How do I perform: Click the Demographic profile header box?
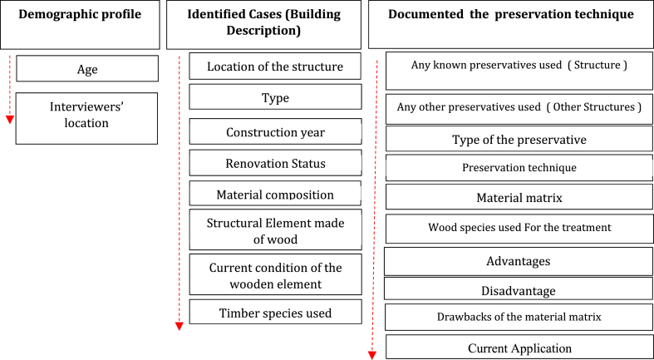(80, 25)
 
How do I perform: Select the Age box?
(87, 69)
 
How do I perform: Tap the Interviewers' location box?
(87, 117)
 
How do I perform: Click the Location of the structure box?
(275, 67)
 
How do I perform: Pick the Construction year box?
(275, 132)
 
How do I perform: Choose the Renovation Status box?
(275, 164)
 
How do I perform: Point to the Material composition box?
(275, 195)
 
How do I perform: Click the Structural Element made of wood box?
(275, 230)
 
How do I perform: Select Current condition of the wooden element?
(275, 274)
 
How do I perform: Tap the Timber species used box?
(275, 313)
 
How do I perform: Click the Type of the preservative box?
(519, 140)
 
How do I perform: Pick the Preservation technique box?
(519, 168)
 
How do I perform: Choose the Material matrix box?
(519, 198)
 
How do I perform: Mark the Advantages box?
(519, 261)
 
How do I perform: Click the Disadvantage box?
(519, 290)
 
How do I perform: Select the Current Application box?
(519, 348)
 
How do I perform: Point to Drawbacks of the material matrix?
(519, 317)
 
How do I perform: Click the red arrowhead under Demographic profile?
(9, 119)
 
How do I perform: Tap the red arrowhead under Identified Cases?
(179, 326)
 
